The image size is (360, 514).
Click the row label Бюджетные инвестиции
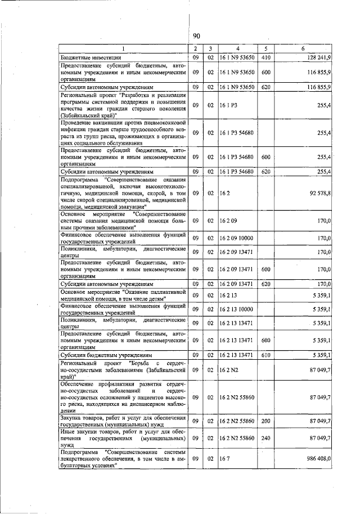pos(92,57)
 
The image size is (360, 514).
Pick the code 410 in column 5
pos(266,57)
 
